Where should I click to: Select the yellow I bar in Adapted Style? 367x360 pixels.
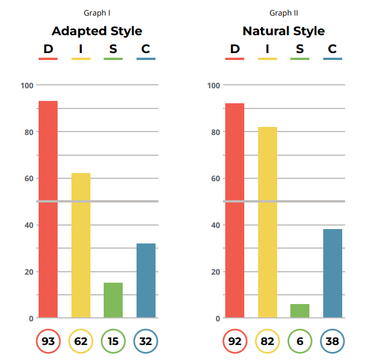click(x=81, y=245)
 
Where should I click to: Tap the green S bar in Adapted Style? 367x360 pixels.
click(x=113, y=300)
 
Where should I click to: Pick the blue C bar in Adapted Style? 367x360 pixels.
click(x=146, y=280)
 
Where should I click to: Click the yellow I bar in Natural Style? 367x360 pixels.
click(x=267, y=222)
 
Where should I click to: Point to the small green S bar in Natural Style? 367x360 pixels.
click(x=300, y=310)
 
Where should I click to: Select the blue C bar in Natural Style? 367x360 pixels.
click(x=332, y=273)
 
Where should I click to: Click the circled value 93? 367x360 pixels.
click(x=48, y=342)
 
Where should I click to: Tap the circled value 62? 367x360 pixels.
click(x=81, y=342)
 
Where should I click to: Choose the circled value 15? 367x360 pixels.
click(x=113, y=342)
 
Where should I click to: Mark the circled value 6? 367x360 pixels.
click(x=300, y=342)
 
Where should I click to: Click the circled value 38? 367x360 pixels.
click(x=332, y=342)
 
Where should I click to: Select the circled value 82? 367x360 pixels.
click(x=267, y=342)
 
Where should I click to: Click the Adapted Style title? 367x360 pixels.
click(x=97, y=31)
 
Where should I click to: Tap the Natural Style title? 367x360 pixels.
click(x=283, y=31)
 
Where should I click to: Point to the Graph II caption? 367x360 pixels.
click(x=283, y=13)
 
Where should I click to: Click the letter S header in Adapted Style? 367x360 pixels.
click(x=113, y=49)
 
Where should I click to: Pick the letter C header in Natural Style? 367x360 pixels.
click(x=332, y=49)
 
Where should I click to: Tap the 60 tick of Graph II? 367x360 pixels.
click(x=214, y=178)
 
